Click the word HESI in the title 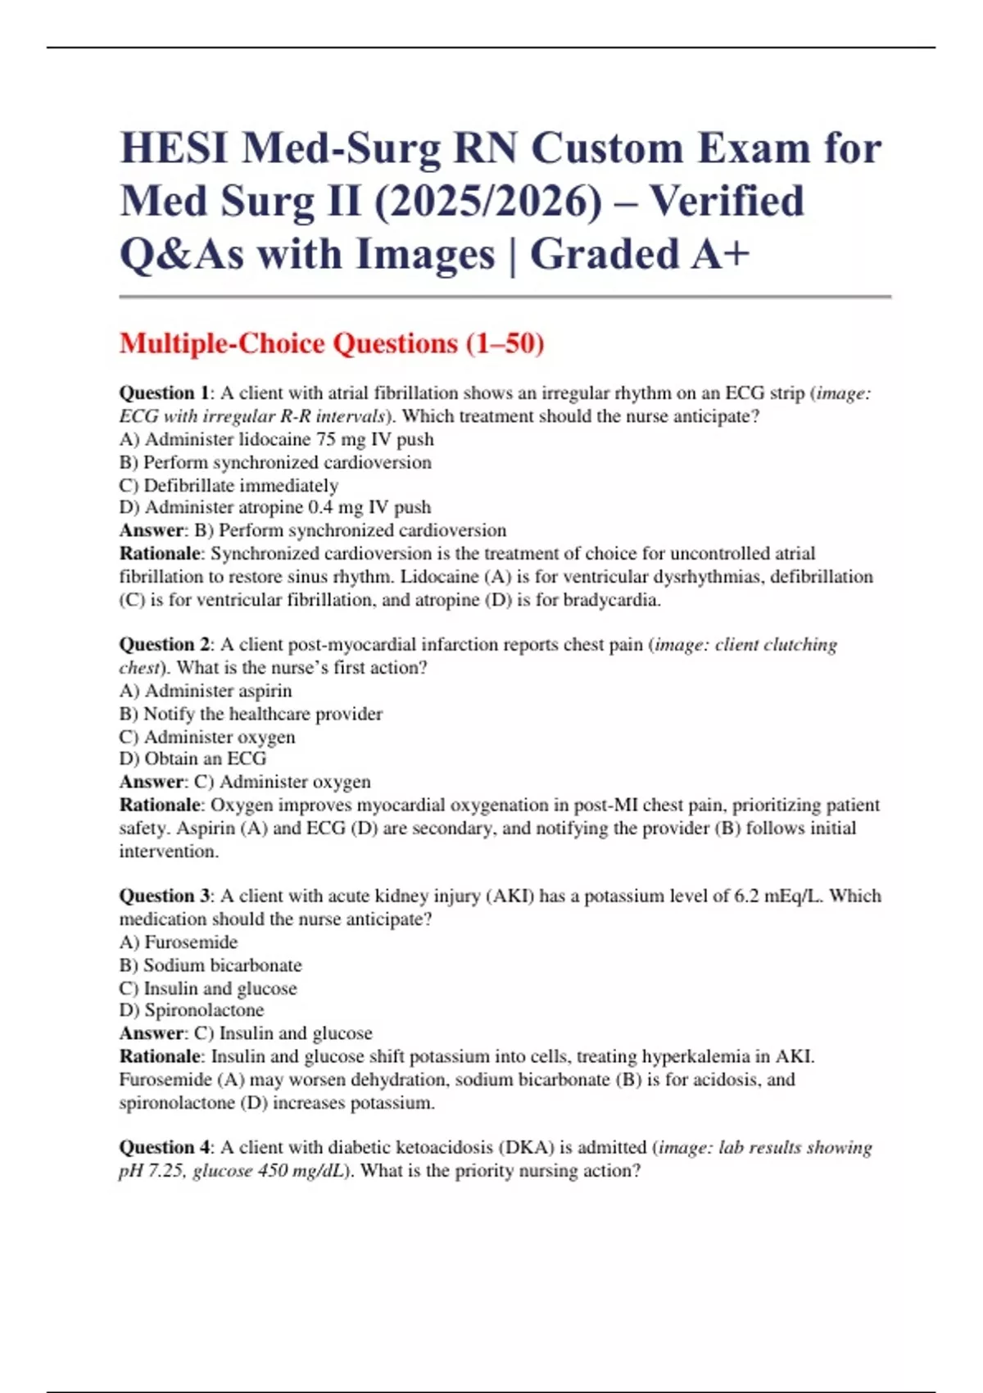click(x=173, y=149)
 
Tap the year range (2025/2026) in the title click(x=488, y=202)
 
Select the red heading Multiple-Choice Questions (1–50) click(x=332, y=343)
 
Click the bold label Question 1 click(x=163, y=393)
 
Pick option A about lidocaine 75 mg click(x=276, y=439)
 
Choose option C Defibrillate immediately click(x=229, y=485)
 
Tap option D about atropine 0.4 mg click(x=274, y=507)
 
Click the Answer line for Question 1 click(x=312, y=530)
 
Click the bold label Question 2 click(x=164, y=645)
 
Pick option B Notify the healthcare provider click(x=251, y=714)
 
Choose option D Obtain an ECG click(x=193, y=759)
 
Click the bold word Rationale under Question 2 click(x=160, y=805)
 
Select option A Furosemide click(x=179, y=942)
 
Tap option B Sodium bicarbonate click(x=211, y=965)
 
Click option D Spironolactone click(x=191, y=1010)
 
